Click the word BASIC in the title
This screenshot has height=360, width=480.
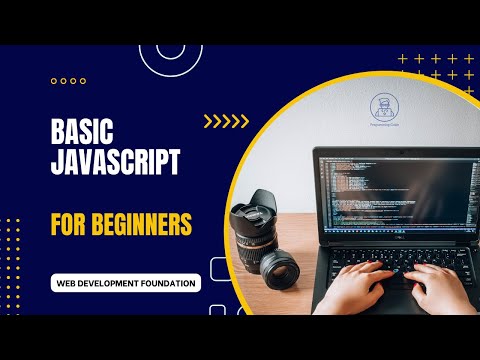point(83,131)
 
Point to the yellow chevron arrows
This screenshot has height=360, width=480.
point(226,122)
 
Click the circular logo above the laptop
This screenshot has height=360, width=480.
point(383,108)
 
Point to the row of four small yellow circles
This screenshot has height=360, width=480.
point(67,81)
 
